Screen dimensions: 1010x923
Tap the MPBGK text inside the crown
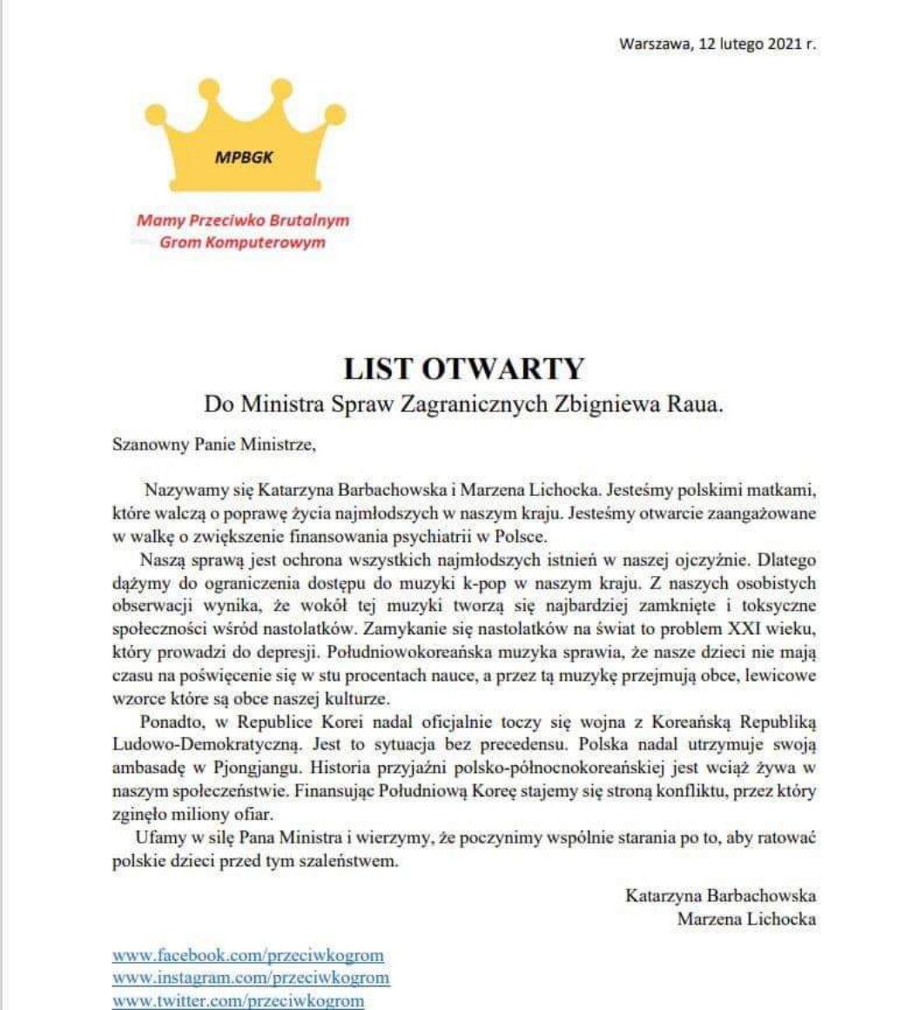pyautogui.click(x=244, y=157)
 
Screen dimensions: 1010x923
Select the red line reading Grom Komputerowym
pyautogui.click(x=242, y=242)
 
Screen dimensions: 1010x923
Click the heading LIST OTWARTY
pyautogui.click(x=463, y=369)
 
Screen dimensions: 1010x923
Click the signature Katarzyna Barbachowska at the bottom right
pyautogui.click(x=720, y=896)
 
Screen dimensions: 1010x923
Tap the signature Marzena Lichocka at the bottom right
pyautogui.click(x=746, y=918)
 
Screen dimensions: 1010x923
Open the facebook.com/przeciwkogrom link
pyautogui.click(x=248, y=955)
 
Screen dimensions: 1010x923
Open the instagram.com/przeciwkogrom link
pyautogui.click(x=251, y=978)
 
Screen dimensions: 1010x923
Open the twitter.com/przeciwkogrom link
pyautogui.click(x=238, y=1000)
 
